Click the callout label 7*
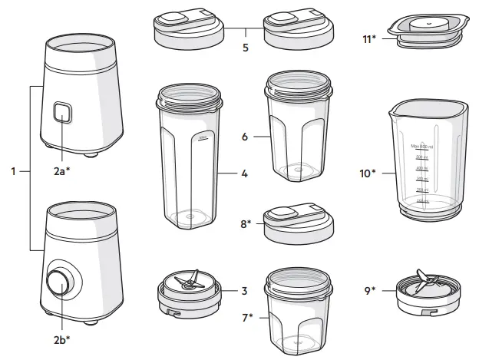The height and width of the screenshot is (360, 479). coord(248,315)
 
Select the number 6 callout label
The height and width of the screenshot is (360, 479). coord(244,137)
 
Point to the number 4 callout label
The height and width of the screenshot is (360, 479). coord(244,174)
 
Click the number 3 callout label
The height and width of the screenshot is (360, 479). coord(244,291)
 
